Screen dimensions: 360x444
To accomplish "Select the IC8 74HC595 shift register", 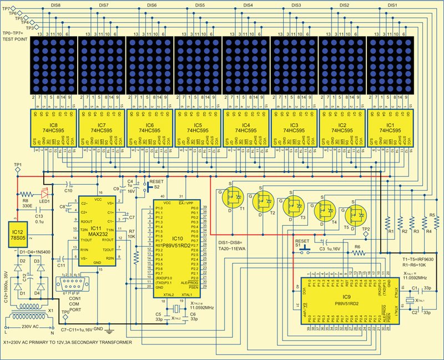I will pyautogui.click(x=53, y=129).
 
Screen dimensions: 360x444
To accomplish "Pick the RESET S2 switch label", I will pyautogui.click(x=156, y=183).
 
